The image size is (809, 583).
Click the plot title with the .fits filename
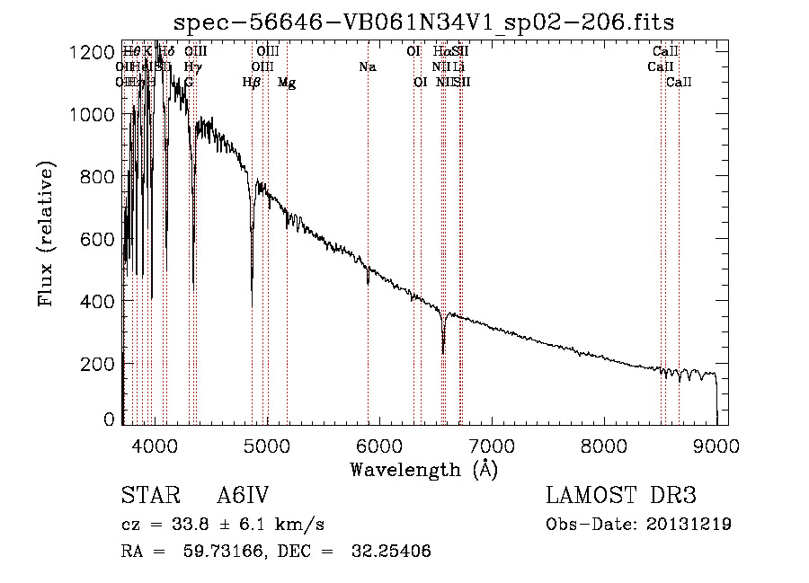[x=423, y=21]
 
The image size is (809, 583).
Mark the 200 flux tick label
[x=102, y=364]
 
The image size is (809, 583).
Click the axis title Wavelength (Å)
[x=423, y=469]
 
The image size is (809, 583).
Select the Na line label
[x=367, y=67]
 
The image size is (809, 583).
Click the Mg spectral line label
[x=287, y=83]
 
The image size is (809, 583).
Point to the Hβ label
[x=252, y=83]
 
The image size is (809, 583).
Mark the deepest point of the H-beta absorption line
[x=252, y=291]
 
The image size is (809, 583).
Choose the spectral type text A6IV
[x=243, y=496]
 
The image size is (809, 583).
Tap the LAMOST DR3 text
[x=620, y=496]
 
